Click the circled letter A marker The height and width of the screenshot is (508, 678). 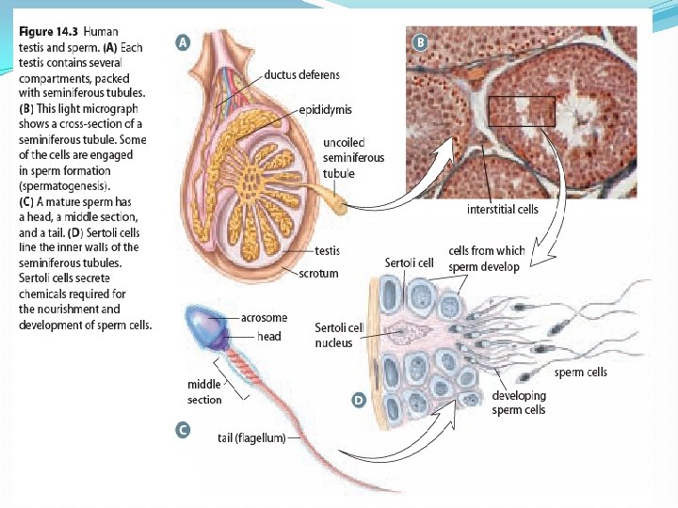pos(183,42)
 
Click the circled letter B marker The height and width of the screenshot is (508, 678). pos(420,42)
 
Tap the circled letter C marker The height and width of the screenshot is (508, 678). pos(183,431)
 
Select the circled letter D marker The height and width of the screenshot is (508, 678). pos(358,401)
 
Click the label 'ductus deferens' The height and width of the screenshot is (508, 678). pos(302,74)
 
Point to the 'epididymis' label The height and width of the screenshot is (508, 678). pos(324,110)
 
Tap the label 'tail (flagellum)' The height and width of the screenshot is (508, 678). pos(251,437)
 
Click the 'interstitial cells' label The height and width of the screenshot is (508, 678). pos(504,209)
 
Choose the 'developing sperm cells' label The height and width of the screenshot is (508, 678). pos(518,403)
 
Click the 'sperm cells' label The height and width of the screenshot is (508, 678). pos(581,373)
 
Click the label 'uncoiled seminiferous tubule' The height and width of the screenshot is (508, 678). pos(353,158)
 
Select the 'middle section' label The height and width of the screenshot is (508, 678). pos(203,391)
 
